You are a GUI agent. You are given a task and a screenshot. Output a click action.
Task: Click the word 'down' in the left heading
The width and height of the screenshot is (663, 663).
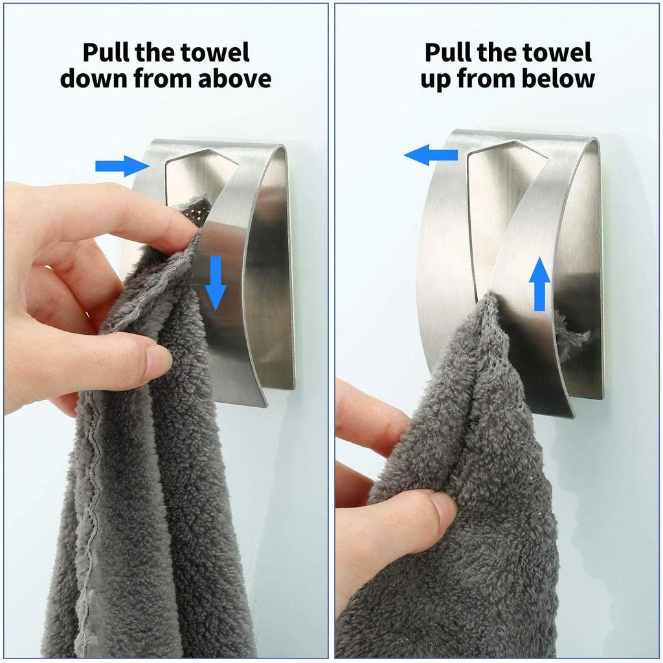(94, 79)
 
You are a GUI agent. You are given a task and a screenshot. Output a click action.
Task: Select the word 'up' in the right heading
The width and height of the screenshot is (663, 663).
(436, 79)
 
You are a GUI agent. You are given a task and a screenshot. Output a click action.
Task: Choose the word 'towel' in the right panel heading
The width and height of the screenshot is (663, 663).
(559, 52)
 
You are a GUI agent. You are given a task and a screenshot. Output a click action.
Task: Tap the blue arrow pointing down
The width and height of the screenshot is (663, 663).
(216, 282)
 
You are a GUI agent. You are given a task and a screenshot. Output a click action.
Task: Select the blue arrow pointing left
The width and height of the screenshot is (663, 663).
(430, 155)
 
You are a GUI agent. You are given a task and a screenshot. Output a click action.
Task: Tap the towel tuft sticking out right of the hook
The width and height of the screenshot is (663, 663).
(576, 337)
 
